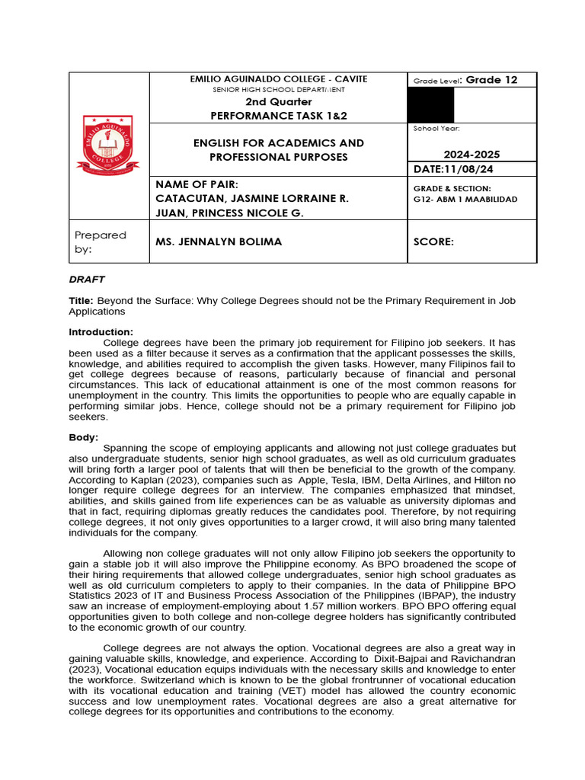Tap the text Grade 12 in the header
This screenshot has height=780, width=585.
point(491,80)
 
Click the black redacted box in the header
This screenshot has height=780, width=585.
point(432,105)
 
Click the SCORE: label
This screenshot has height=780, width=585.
point(433,241)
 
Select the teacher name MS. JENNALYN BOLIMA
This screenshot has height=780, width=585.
point(219,241)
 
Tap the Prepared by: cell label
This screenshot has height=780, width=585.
point(100,241)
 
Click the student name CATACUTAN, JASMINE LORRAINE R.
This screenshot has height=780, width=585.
point(252,199)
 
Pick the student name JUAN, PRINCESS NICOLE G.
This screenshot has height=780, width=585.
point(229,213)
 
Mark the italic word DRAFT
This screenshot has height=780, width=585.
point(87,280)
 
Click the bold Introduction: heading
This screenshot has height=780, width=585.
point(101,332)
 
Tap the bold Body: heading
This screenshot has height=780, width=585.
point(83,437)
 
